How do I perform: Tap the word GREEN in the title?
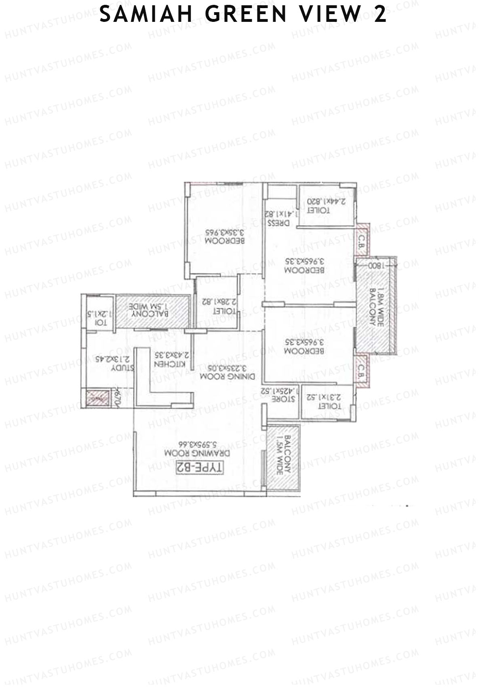[x=246, y=15]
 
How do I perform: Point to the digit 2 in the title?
[x=380, y=15]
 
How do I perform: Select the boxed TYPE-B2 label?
[x=199, y=468]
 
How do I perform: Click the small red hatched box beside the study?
[x=97, y=398]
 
